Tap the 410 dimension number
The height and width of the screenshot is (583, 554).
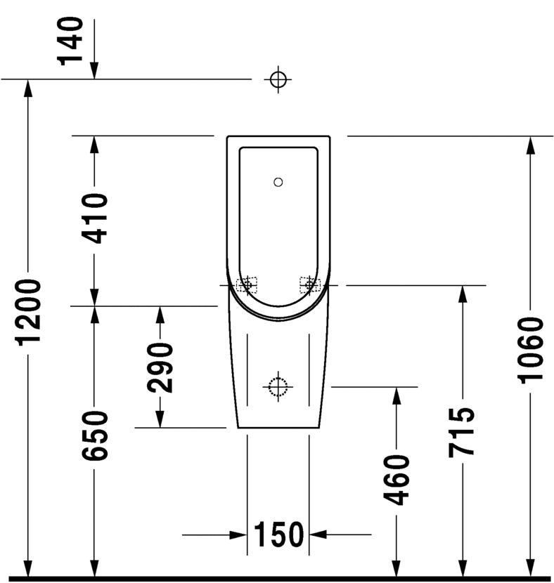coord(94,218)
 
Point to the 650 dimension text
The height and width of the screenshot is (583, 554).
coord(94,435)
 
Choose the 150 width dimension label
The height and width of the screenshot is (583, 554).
coord(278,535)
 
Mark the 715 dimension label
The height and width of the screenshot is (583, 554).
coord(463,432)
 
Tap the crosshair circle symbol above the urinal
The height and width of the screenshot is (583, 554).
coord(278,79)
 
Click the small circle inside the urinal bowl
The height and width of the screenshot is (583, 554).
coord(278,183)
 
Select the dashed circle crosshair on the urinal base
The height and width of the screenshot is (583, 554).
coord(278,386)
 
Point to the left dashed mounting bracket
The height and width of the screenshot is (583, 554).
coord(247,284)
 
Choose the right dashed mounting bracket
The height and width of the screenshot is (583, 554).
coord(309,284)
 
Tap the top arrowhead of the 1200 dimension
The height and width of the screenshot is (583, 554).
coord(29,88)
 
